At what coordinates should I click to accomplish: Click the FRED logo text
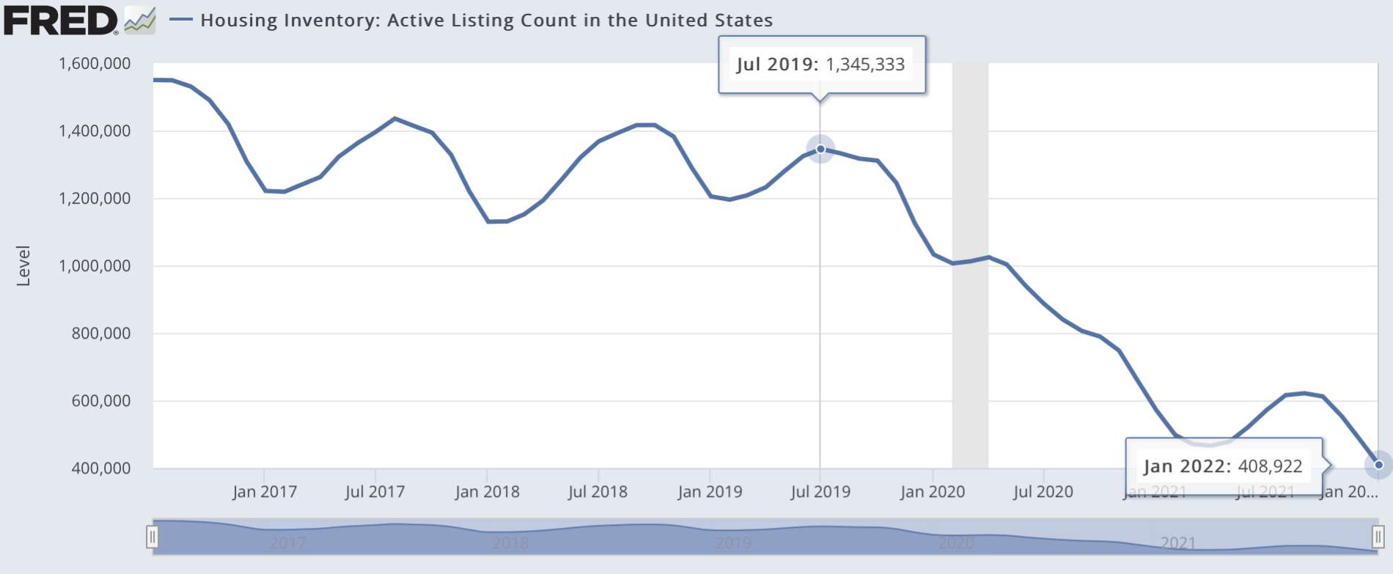point(60,20)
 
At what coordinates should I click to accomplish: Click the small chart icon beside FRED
point(140,20)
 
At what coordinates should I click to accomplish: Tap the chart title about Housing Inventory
point(486,20)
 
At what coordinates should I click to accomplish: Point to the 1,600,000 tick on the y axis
point(95,64)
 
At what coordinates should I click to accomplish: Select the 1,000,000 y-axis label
point(95,266)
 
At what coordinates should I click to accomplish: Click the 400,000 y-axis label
point(100,468)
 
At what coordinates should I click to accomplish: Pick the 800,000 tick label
point(100,334)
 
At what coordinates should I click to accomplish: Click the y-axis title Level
point(23,265)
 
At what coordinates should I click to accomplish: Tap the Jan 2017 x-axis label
point(265,492)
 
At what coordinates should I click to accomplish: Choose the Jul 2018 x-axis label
point(598,492)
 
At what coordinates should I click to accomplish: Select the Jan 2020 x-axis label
point(932,492)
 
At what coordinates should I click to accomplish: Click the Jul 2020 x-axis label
point(1043,492)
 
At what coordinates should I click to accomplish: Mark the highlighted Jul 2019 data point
point(820,150)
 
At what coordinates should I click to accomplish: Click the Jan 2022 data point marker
point(1378,465)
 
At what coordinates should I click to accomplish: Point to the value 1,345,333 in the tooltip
point(865,65)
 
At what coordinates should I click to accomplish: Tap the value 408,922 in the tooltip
point(1270,466)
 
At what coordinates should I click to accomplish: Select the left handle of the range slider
point(152,537)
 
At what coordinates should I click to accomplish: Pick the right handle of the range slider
point(1378,537)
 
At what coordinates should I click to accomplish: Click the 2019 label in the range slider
point(733,543)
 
